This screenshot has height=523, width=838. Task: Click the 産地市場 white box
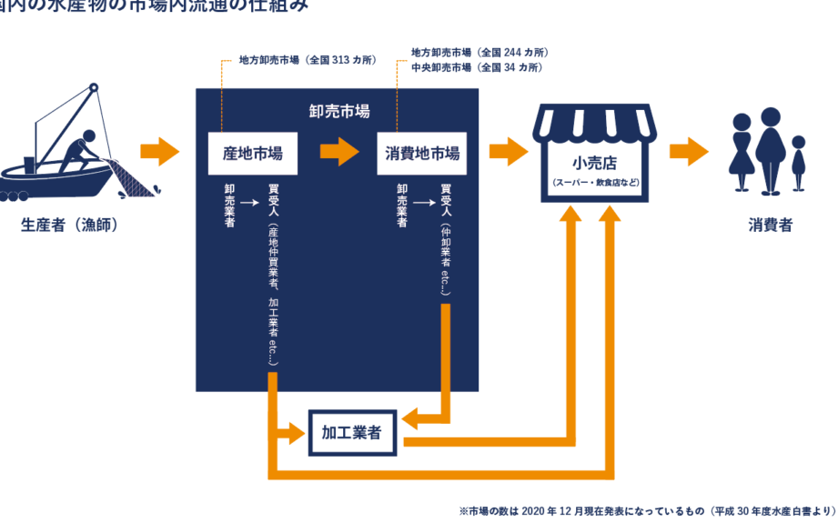[x=253, y=154]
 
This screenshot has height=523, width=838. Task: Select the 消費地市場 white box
[x=419, y=154]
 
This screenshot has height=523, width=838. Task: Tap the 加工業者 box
[x=351, y=435]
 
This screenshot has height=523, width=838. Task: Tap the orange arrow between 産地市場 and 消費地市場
[x=338, y=152]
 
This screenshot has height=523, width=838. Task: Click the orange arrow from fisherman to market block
[x=161, y=152]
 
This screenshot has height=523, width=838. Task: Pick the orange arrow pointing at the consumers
[x=688, y=152]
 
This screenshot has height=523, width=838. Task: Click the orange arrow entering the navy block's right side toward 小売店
[x=508, y=152]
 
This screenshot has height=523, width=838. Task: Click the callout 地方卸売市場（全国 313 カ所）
[x=307, y=60]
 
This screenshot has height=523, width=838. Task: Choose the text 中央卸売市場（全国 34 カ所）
[x=476, y=67]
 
